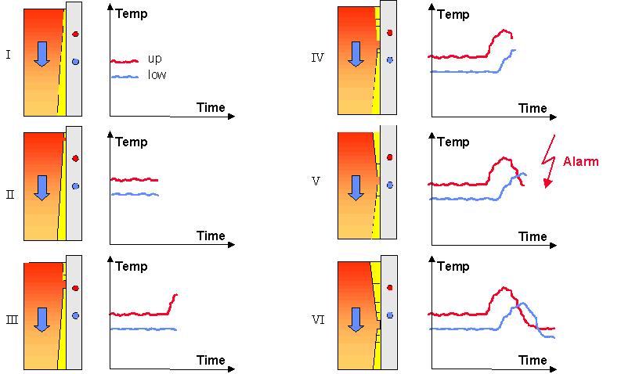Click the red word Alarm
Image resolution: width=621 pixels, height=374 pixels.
[x=580, y=161]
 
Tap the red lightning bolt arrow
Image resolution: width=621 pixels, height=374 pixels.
[x=548, y=161]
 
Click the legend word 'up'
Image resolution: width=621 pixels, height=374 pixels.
[x=155, y=59]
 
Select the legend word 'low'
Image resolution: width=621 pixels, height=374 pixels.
[x=157, y=74]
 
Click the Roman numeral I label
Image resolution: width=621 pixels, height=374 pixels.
[x=9, y=54]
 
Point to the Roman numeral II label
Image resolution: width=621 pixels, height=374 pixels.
[x=10, y=194]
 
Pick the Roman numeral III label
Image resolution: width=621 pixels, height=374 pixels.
[x=12, y=320]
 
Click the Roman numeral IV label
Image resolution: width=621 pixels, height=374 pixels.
[x=317, y=58]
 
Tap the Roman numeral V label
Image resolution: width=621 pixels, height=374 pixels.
[x=316, y=182]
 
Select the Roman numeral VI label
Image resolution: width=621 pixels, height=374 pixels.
[x=318, y=320]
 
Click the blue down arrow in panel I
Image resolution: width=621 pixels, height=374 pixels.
[x=42, y=54]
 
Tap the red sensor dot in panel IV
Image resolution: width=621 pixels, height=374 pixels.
[x=390, y=33]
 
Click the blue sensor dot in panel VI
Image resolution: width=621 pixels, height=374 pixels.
[x=390, y=315]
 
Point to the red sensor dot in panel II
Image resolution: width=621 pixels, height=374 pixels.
[x=76, y=159]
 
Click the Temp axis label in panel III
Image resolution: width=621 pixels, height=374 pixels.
[x=132, y=266]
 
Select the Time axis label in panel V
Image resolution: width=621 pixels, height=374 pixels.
[x=533, y=236]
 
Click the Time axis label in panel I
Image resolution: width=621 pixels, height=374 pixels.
[x=211, y=107]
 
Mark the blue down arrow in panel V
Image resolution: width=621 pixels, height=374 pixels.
[x=356, y=188]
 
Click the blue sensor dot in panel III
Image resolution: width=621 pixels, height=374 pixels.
[x=76, y=316]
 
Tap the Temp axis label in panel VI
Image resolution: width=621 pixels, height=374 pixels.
[x=453, y=266]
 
